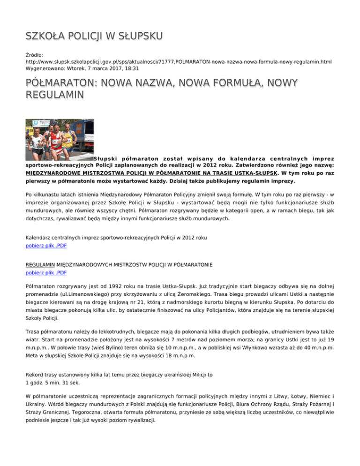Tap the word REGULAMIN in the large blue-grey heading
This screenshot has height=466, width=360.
click(55, 96)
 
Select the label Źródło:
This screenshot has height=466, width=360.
click(35, 55)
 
